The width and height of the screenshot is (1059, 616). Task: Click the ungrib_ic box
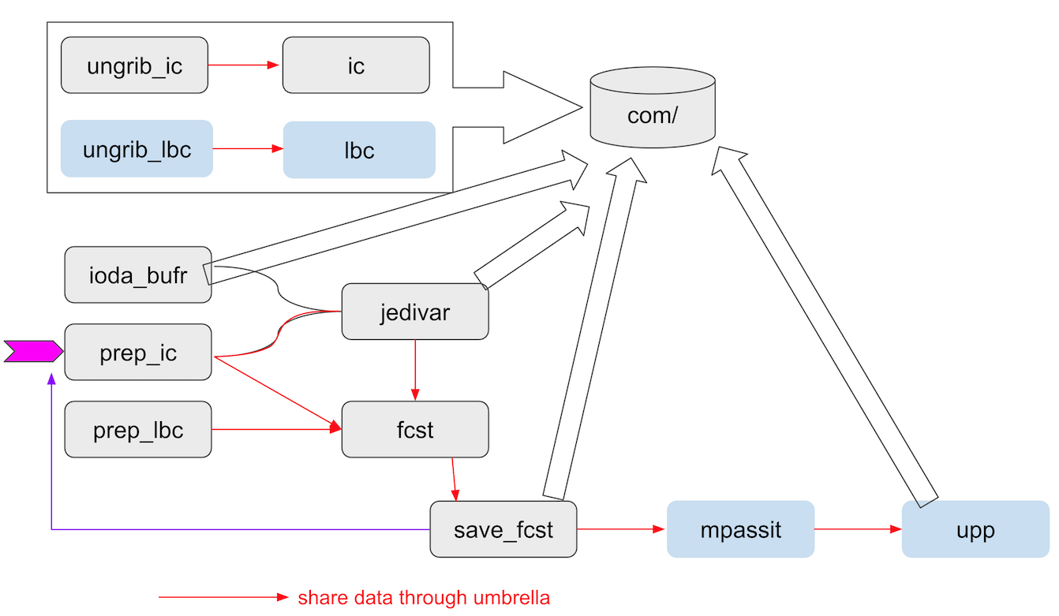(134, 65)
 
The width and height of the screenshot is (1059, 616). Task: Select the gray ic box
(356, 65)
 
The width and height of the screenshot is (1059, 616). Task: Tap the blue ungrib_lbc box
(137, 149)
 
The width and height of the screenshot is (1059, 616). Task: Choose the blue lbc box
(359, 150)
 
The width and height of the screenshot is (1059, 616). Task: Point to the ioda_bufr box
(137, 274)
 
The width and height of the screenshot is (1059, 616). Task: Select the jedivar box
(415, 312)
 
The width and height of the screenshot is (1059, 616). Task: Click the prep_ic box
(137, 352)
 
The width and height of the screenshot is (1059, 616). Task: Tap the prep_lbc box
(137, 429)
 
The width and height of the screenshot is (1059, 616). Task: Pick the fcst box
(415, 429)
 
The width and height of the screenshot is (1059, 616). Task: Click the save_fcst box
(503, 529)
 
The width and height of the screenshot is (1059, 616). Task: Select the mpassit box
(740, 529)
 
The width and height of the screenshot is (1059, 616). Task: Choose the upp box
(975, 529)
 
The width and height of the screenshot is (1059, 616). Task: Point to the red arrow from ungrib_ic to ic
(245, 65)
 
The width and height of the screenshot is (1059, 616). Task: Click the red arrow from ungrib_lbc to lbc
(248, 149)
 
